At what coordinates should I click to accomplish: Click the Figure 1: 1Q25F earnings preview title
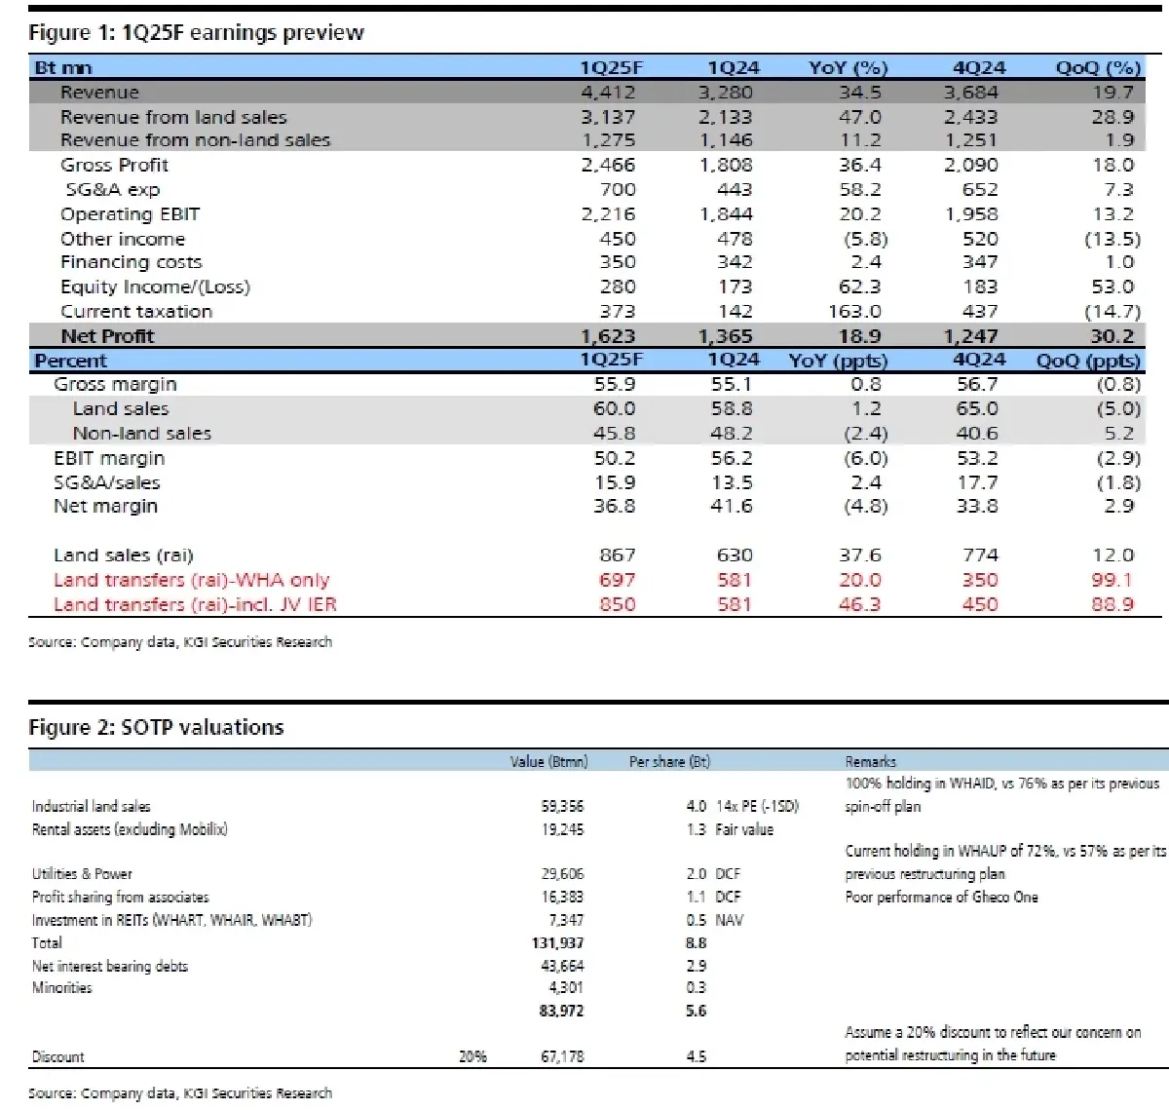click(x=196, y=33)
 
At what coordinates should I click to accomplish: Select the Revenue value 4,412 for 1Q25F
click(x=608, y=93)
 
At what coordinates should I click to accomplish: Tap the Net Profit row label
click(x=107, y=336)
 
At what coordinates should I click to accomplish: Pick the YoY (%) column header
click(x=848, y=68)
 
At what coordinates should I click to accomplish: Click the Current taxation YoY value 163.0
click(x=854, y=312)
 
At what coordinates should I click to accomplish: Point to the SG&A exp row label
click(x=112, y=190)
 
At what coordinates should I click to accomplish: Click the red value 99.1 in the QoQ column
click(x=1112, y=580)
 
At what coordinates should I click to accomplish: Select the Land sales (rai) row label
click(x=124, y=555)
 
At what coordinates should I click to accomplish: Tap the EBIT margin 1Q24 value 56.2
click(x=732, y=458)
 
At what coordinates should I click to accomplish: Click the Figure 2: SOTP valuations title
click(x=156, y=727)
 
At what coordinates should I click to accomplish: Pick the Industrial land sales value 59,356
click(x=562, y=806)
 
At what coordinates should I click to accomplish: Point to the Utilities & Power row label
click(x=82, y=874)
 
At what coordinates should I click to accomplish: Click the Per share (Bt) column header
click(x=669, y=761)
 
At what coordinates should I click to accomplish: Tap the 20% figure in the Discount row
click(x=472, y=1056)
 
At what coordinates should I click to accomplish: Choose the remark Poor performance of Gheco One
click(x=941, y=897)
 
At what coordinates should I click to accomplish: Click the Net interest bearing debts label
click(x=110, y=966)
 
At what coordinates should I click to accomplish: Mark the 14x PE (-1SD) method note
click(x=757, y=806)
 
